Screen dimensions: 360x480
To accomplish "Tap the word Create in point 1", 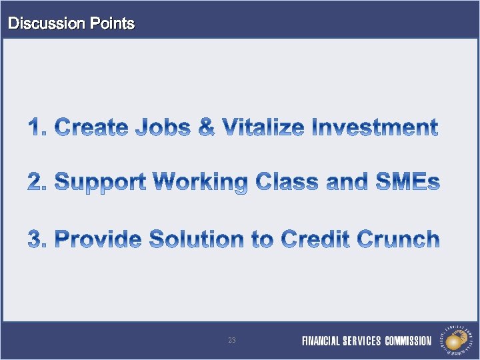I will tap(91, 127).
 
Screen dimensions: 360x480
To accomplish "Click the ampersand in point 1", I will tap(207, 127).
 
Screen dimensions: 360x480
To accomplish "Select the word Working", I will tap(200, 182).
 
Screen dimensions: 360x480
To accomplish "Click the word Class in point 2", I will tap(287, 181).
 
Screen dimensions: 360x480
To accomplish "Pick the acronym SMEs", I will tap(407, 181).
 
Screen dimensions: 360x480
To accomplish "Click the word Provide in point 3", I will tap(98, 239).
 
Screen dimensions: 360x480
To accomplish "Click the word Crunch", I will tap(399, 239).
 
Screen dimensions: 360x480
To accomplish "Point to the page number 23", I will tap(231, 341).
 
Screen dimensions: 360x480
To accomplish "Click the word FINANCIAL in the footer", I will tap(321, 341).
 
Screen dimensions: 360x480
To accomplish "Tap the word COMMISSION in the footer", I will tap(408, 341).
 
